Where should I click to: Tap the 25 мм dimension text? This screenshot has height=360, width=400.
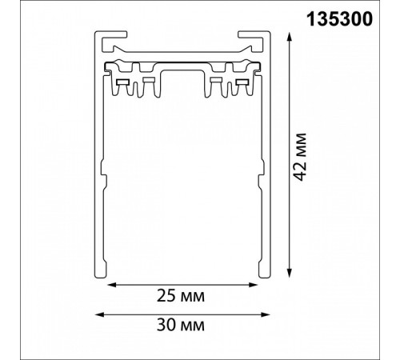[x=181, y=297]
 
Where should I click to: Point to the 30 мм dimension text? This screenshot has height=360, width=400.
[x=181, y=326]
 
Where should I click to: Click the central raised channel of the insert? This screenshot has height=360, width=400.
[x=183, y=81]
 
